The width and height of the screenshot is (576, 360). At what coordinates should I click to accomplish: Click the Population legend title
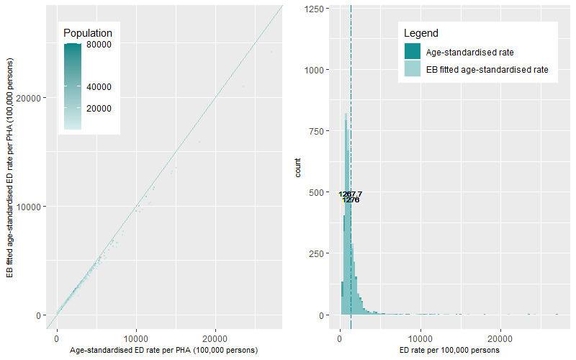87,33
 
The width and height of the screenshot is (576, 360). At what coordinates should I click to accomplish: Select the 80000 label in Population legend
99,45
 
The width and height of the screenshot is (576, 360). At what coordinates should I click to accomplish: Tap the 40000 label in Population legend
99,87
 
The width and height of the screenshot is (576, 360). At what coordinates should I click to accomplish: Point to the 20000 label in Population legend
99,109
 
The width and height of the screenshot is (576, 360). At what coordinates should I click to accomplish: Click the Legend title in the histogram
421,33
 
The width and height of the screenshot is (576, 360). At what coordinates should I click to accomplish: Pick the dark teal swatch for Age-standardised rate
413,52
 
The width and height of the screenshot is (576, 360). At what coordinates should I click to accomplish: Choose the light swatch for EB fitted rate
413,70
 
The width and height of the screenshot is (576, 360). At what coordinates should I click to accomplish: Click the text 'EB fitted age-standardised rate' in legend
487,70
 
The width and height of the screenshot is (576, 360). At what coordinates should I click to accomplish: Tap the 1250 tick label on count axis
315,9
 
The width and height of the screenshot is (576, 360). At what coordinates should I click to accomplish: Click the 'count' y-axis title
297,171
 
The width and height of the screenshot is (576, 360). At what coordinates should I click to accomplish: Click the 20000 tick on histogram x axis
500,337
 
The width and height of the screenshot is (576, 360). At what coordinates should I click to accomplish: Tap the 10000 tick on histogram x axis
420,337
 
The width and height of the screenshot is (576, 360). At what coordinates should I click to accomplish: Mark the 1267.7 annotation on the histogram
351,194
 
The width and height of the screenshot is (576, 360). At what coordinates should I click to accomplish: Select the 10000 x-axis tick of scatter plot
136,337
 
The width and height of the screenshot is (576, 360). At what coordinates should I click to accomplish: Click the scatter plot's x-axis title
164,350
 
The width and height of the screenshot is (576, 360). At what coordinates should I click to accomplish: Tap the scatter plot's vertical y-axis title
9,171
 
